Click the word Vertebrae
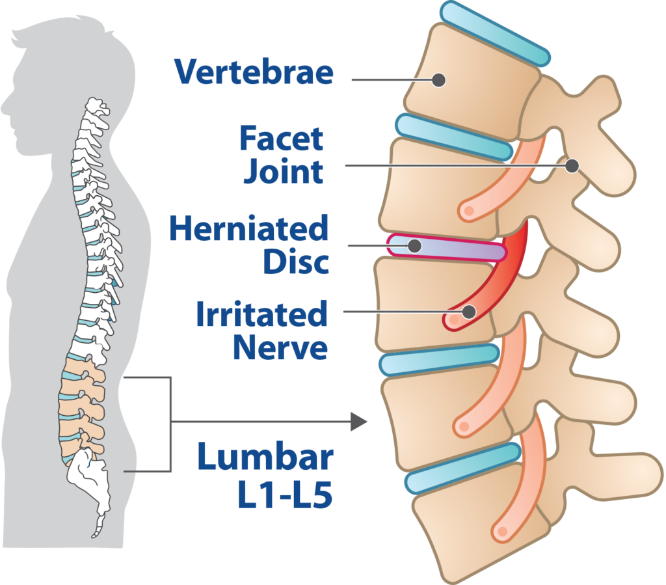254,72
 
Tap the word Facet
282,138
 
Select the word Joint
284,172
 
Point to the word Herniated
249,228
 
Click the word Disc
296,262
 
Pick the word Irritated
261,314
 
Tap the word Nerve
280,347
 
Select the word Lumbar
265,456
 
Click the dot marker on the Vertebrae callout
438,80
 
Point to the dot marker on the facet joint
572,166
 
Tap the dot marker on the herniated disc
414,245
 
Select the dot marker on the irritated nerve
468,312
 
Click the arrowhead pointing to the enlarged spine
359,422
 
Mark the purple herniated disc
447,248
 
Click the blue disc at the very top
495,33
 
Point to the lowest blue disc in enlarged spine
463,468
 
